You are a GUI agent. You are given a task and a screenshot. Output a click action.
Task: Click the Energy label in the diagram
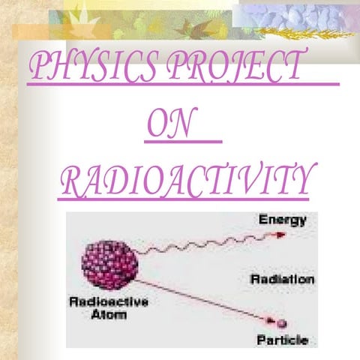point(282,220)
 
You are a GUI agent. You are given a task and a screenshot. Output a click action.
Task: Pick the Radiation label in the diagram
point(282,278)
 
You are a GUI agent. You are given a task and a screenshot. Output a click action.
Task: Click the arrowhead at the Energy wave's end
point(282,233)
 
